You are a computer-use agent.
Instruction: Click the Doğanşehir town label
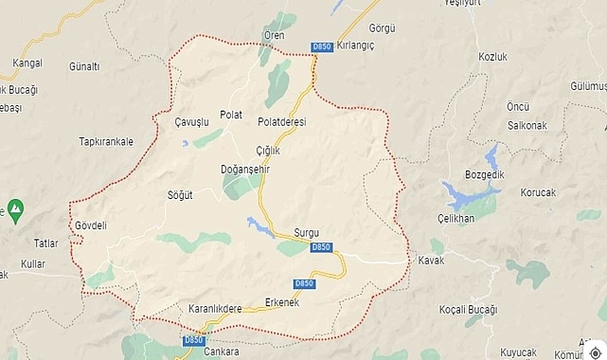click(x=246, y=168)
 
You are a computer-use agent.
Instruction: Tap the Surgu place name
click(x=307, y=232)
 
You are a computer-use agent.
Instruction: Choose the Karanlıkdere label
click(x=215, y=309)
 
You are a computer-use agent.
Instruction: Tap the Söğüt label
click(x=179, y=195)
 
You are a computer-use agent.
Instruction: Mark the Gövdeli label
click(x=91, y=225)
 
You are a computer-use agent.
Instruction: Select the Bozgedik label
click(x=487, y=174)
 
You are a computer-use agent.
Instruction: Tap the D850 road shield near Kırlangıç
click(x=322, y=46)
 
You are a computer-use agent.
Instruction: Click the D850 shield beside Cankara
click(x=193, y=340)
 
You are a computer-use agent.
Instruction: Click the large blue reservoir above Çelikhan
click(x=470, y=196)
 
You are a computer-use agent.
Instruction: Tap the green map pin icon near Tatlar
click(x=14, y=207)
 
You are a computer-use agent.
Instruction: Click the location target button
click(x=594, y=348)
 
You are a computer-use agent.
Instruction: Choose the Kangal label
click(x=27, y=63)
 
